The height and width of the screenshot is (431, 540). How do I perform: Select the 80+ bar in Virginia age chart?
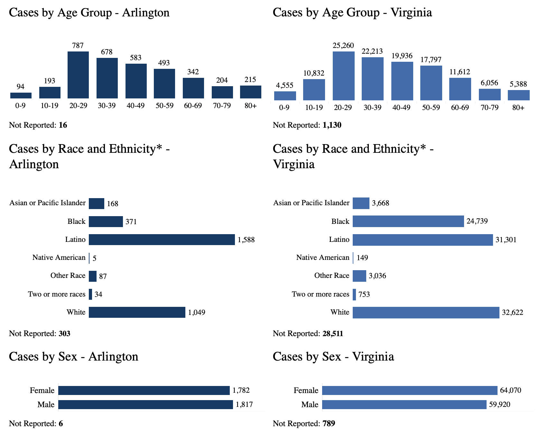click(x=518, y=95)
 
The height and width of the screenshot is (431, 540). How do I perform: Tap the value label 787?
click(x=78, y=46)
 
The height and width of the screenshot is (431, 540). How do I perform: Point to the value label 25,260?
click(x=343, y=46)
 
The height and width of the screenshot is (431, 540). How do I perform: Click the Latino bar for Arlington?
click(x=162, y=240)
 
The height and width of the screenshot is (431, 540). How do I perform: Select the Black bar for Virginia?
click(x=408, y=221)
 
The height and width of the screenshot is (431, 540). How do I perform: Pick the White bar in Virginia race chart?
click(x=426, y=312)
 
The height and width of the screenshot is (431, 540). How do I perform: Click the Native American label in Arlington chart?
click(x=59, y=258)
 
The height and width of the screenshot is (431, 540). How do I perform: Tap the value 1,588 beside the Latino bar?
click(x=246, y=240)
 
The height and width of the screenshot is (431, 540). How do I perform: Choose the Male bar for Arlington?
click(x=145, y=405)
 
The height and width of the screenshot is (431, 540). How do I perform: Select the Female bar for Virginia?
click(x=410, y=390)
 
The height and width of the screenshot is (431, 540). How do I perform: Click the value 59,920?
click(x=499, y=405)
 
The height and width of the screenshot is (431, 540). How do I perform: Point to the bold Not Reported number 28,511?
click(x=333, y=334)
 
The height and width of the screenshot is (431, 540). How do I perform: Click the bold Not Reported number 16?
click(x=63, y=125)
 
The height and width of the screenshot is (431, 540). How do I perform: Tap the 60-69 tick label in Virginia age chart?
click(x=460, y=107)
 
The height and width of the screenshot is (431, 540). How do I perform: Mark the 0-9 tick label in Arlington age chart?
click(x=20, y=105)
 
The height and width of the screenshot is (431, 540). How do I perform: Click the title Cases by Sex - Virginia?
click(x=333, y=357)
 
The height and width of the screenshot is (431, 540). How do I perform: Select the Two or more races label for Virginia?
click(x=320, y=294)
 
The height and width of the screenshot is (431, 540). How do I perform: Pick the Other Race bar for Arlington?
click(x=93, y=276)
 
